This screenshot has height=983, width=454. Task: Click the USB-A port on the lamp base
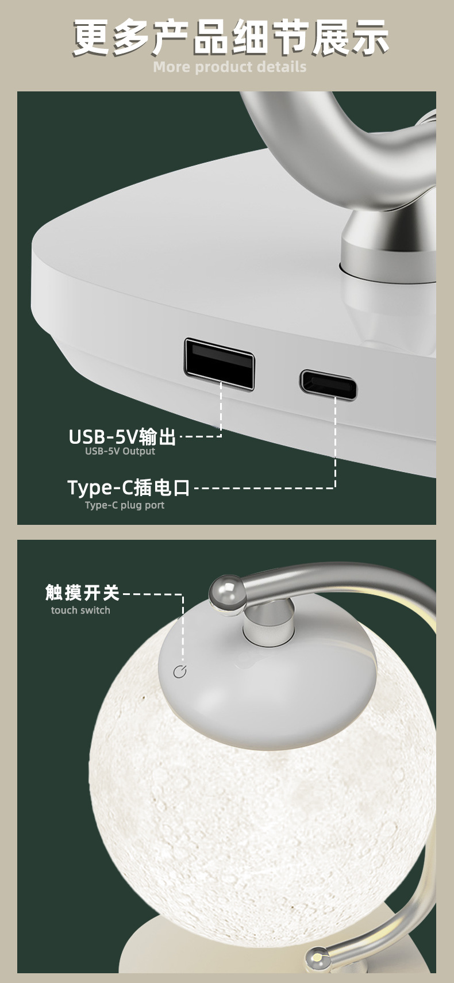(x=219, y=364)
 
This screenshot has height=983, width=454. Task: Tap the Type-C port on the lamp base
(x=328, y=385)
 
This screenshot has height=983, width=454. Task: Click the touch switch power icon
(x=180, y=671)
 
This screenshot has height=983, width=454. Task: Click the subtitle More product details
(x=230, y=67)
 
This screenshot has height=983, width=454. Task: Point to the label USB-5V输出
(x=122, y=437)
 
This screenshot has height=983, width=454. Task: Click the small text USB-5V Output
(x=120, y=451)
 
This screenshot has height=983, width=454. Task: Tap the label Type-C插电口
(x=129, y=487)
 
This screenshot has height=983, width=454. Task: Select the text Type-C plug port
(x=125, y=505)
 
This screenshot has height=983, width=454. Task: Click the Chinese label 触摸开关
(x=82, y=593)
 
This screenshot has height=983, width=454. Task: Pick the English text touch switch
(x=80, y=610)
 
